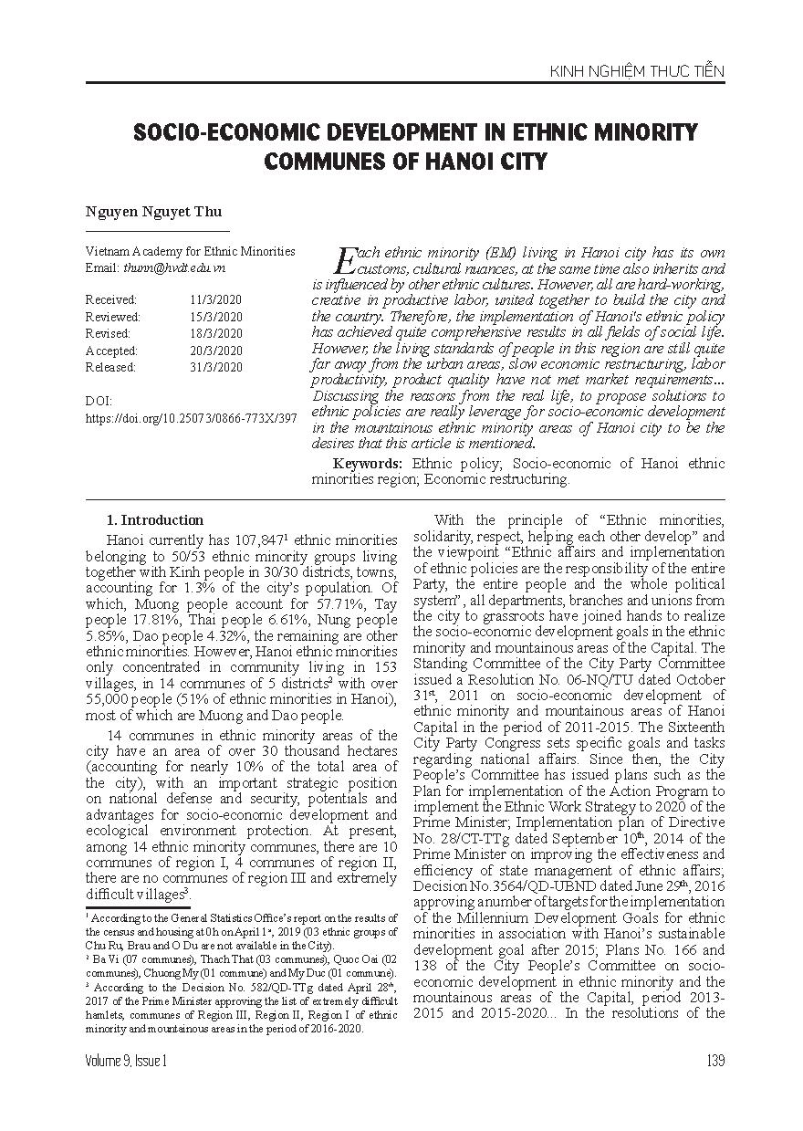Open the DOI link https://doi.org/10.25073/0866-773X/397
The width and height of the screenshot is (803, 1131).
tap(191, 417)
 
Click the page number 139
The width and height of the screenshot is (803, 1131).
tap(714, 1060)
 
